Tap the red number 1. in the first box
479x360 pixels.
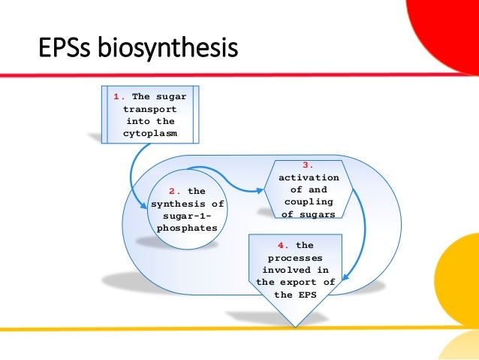[119, 96]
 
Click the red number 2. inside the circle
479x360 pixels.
[174, 192]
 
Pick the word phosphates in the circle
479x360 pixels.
[188, 228]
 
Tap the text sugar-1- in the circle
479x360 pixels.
[188, 216]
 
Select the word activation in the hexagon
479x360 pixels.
[309, 177]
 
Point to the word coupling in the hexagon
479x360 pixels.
[309, 201]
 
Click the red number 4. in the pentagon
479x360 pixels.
[282, 245]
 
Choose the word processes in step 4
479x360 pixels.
[295, 257]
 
